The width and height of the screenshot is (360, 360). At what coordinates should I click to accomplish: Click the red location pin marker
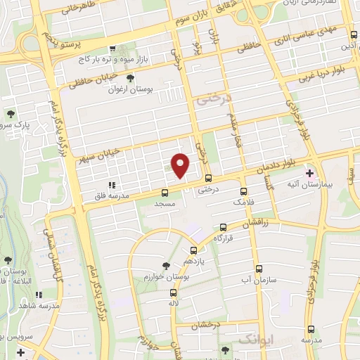click(x=181, y=165)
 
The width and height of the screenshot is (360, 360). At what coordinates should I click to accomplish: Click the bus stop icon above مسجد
click(x=165, y=192)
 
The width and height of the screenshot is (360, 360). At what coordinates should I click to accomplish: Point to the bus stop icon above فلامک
click(x=243, y=191)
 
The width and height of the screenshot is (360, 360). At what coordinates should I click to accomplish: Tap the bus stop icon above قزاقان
click(x=224, y=227)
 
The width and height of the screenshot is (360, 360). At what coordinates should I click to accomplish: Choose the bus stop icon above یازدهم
click(x=193, y=250)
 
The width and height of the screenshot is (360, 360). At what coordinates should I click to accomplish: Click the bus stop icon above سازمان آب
click(x=259, y=269)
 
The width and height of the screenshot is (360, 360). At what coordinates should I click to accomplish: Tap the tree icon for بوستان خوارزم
click(x=165, y=265)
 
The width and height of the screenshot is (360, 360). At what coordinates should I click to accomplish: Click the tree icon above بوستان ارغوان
click(x=129, y=78)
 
